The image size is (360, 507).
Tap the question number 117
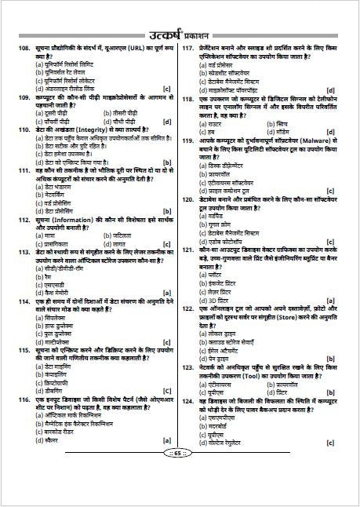tap(188, 49)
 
